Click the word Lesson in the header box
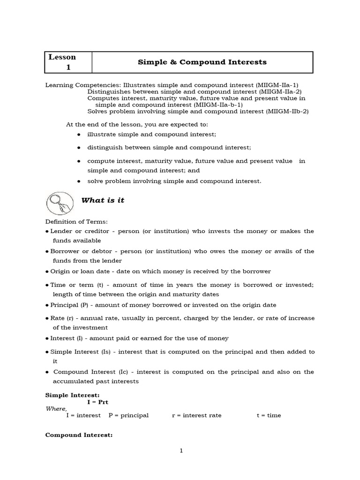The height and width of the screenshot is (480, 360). [62, 57]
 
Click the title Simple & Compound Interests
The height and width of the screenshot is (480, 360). [202, 62]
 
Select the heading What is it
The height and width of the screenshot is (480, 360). [103, 201]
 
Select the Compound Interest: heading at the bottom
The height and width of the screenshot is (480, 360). [79, 435]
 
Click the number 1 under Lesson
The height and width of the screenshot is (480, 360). [68, 67]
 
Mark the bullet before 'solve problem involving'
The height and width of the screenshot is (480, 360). [78, 181]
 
